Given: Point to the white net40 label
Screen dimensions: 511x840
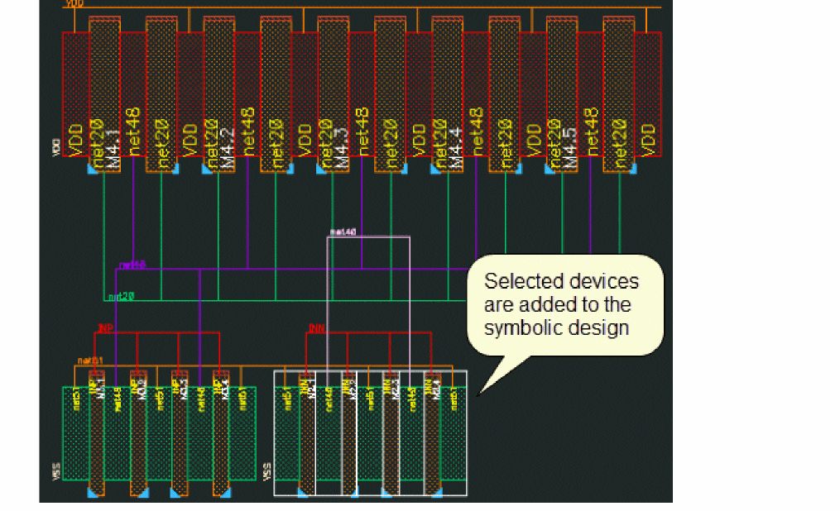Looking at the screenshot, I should click(x=343, y=232).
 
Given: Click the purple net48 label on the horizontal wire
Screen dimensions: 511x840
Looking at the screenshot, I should click(x=132, y=265).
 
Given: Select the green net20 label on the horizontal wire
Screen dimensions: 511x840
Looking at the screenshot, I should click(x=121, y=295).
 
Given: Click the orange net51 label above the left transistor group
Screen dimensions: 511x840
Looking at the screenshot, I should click(x=90, y=361).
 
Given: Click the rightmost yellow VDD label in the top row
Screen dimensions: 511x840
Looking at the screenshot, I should click(x=648, y=141).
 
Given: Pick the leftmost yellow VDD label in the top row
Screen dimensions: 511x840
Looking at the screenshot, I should click(x=76, y=141).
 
